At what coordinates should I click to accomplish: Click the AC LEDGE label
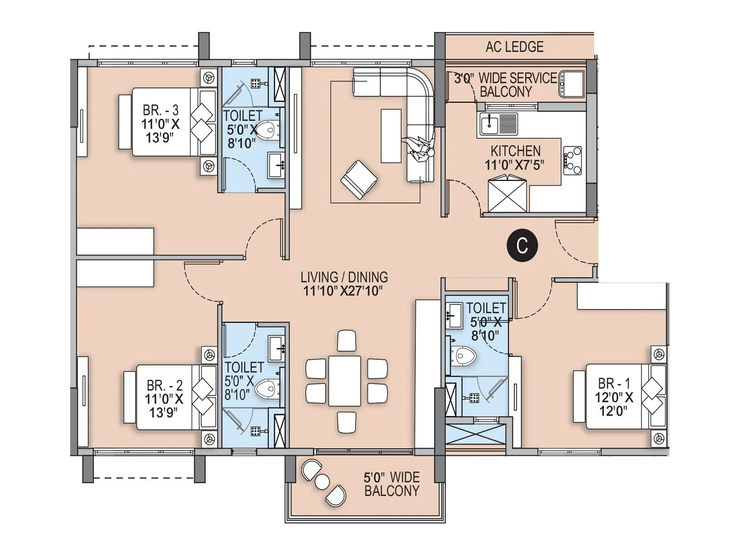[x=514, y=47]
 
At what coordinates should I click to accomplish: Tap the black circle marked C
[x=522, y=246]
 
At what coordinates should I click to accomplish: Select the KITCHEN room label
[x=515, y=151]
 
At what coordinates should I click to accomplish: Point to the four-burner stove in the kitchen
[x=573, y=160]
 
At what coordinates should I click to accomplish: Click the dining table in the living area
[x=345, y=381]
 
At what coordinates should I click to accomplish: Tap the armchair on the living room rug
[x=358, y=179]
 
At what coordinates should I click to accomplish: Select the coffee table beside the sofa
[x=391, y=136]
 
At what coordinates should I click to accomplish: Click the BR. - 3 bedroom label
[x=160, y=110]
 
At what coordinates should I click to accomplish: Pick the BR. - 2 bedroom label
[x=164, y=385]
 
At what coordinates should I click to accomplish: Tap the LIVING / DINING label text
[x=344, y=277]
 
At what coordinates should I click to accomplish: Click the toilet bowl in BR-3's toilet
[x=268, y=131]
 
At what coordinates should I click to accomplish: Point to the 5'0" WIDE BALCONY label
[x=391, y=484]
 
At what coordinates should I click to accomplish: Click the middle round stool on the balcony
[x=322, y=481]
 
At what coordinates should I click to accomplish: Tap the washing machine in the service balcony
[x=572, y=84]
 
